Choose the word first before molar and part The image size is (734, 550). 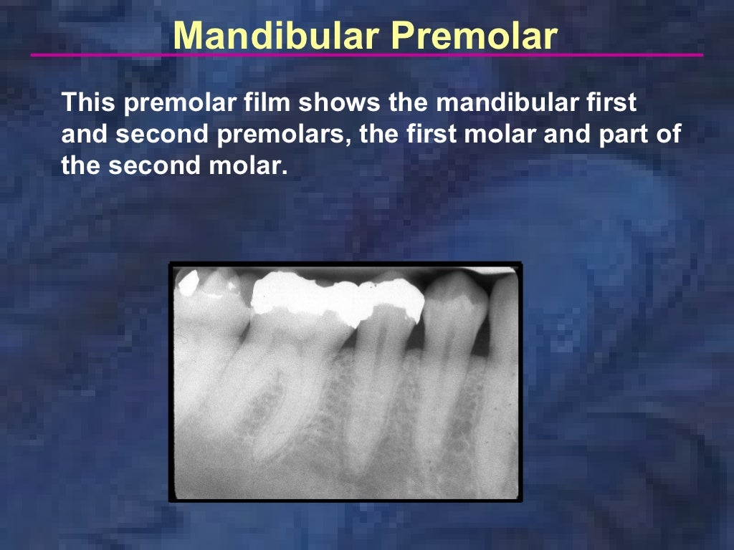440,135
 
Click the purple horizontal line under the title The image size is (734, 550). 367,55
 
